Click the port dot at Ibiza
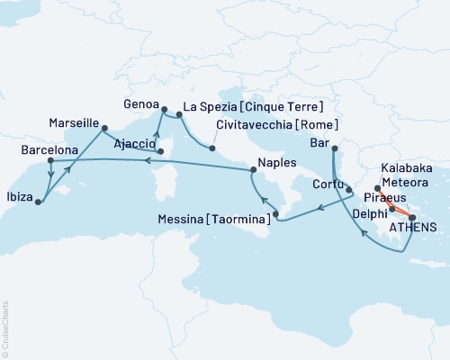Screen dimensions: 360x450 (x=38, y=202)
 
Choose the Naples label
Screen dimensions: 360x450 (x=275, y=163)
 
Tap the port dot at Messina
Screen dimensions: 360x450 (x=276, y=213)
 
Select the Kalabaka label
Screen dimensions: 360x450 (x=408, y=168)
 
